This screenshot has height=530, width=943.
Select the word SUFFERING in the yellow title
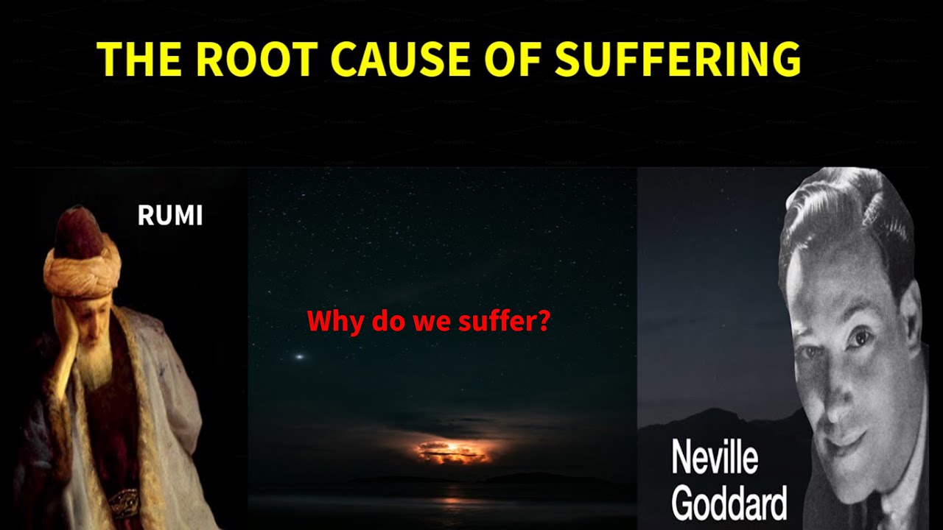678,59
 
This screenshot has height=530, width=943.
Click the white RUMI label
169,216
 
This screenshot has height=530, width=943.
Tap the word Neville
715,458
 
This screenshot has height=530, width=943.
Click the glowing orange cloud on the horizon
453,451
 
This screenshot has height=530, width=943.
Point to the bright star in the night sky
299,357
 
